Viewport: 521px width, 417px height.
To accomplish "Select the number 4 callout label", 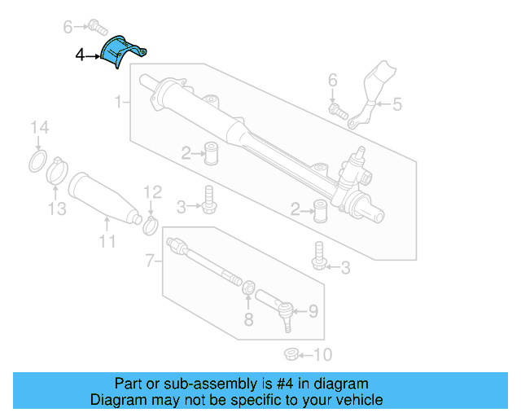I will tap(79, 56).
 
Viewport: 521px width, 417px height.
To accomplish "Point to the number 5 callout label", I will tap(396, 103).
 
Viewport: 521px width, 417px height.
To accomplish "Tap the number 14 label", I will tap(39, 127).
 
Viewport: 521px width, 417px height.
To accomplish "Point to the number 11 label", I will tap(107, 241).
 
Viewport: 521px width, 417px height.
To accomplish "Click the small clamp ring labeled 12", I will tap(151, 224).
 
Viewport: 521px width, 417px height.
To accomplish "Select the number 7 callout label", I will tap(149, 261).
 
